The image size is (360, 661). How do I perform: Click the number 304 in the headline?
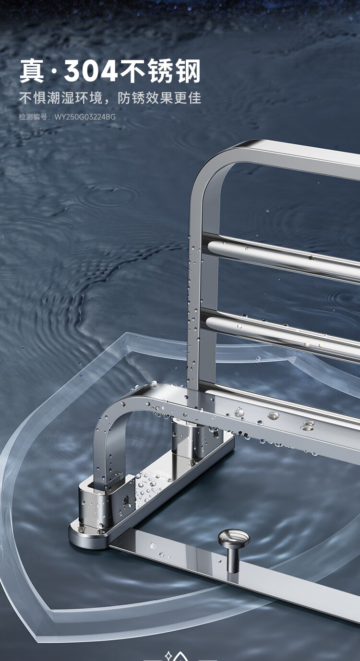(90, 71)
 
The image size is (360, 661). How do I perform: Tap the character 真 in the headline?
(32, 71)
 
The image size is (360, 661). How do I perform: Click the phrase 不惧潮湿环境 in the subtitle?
(60, 98)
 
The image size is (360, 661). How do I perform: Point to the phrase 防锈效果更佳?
(159, 98)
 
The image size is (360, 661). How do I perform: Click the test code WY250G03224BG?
(85, 117)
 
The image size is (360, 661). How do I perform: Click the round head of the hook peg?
(234, 538)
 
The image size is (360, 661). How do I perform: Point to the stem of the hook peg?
(233, 558)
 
